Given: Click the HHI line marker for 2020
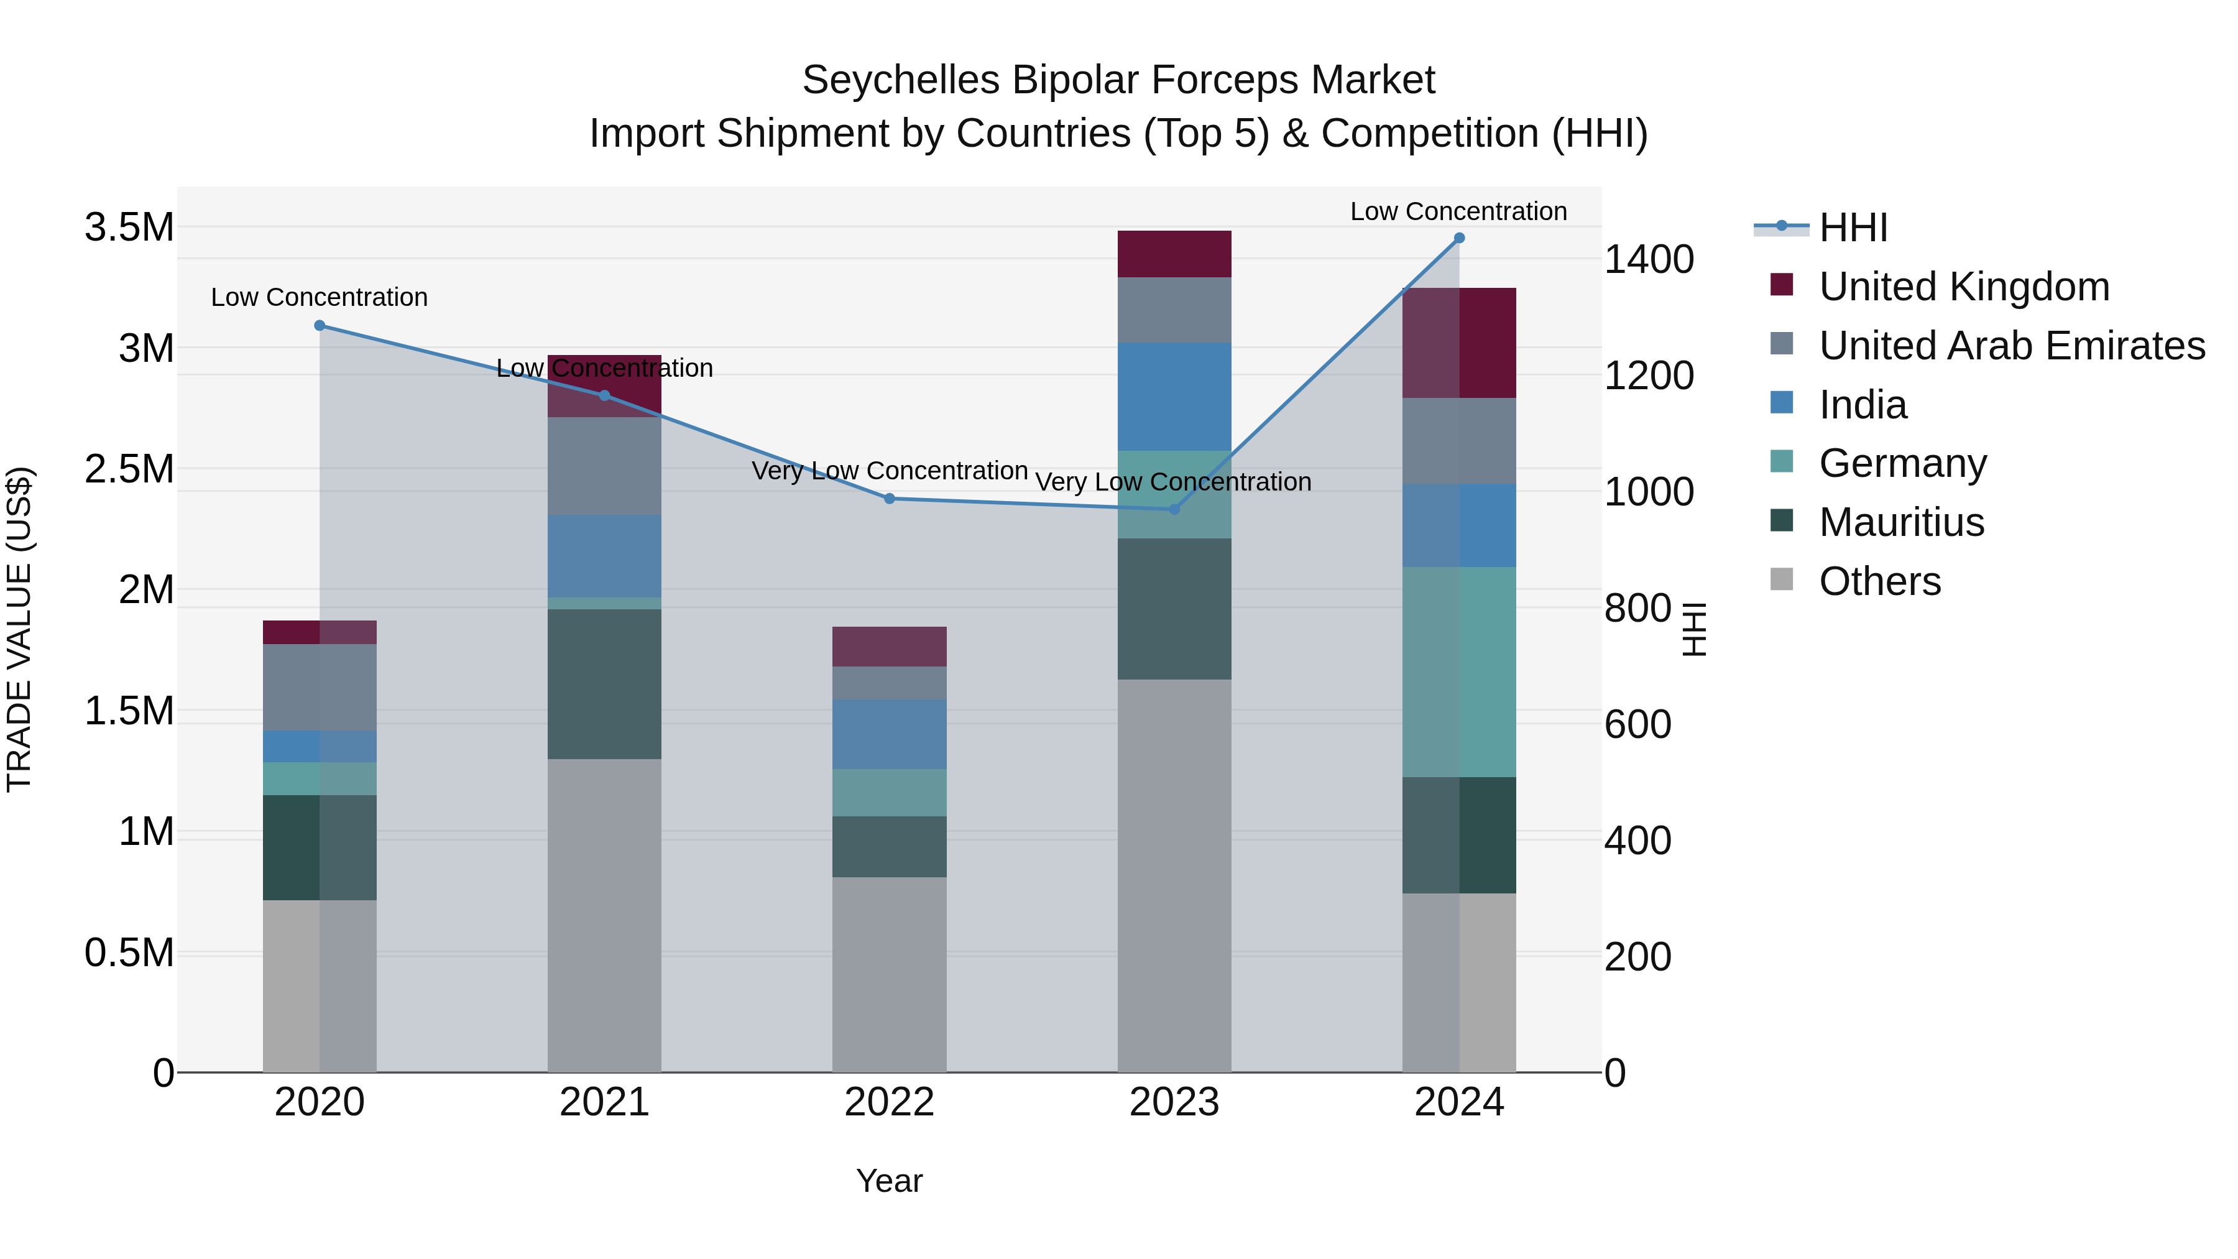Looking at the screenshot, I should click(320, 326).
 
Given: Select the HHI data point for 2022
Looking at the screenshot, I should click(889, 499).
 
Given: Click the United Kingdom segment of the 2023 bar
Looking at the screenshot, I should click(1174, 254).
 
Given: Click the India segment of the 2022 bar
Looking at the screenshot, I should click(889, 734).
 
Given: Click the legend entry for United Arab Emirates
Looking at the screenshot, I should click(2011, 346).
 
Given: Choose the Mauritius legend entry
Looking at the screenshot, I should click(1901, 522).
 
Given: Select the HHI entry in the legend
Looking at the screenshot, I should click(1853, 228).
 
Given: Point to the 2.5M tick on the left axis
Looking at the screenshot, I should click(129, 469).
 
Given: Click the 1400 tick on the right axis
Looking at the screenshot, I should click(1648, 260).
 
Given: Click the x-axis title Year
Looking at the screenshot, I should click(889, 1181).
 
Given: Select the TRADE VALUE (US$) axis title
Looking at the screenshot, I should click(19, 629).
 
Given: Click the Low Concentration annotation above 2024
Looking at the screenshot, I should click(1458, 211).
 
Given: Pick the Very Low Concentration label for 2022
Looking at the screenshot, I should click(889, 471).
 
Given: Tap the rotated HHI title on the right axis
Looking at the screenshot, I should click(1694, 629).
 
